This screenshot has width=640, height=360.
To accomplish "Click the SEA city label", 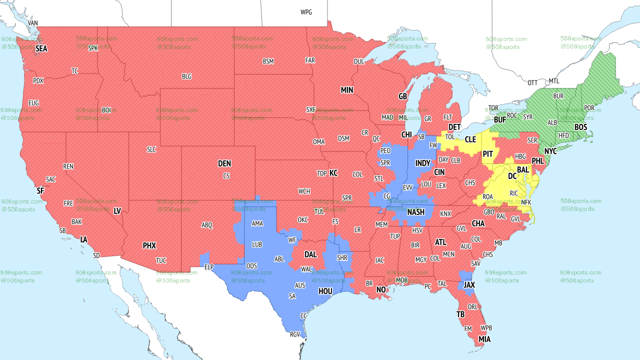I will (41, 49).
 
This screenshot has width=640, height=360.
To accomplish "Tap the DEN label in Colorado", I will (224, 163).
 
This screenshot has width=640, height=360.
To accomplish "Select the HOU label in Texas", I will (325, 291).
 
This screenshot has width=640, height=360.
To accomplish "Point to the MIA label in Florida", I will (484, 339).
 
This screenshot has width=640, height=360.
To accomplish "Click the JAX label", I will (469, 285).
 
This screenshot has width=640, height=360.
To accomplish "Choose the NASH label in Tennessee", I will (415, 212).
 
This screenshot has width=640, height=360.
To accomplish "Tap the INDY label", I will (422, 163).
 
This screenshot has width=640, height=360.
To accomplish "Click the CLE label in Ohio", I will (470, 140).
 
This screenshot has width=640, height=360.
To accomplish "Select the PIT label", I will (488, 154).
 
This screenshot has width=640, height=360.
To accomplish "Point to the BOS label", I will (580, 127).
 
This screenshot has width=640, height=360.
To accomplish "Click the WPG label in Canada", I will (306, 12).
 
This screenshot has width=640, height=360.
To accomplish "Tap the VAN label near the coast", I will (33, 23).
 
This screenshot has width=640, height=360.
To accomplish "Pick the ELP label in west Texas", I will (209, 267).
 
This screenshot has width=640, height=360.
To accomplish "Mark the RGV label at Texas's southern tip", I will (295, 335).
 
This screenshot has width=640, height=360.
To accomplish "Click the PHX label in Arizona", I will (149, 245).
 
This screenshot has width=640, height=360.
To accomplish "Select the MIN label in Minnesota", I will (347, 90).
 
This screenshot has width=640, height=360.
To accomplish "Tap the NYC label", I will (550, 151).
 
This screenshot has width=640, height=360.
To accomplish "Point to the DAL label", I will (310, 254).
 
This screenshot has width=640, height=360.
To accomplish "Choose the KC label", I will (333, 173).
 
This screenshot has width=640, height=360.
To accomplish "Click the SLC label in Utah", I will (151, 149).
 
